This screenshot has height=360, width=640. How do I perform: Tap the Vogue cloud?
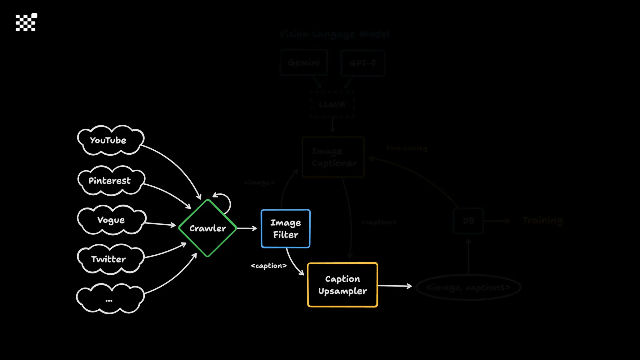pyautogui.click(x=111, y=220)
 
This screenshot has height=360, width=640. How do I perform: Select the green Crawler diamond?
pyautogui.click(x=207, y=228)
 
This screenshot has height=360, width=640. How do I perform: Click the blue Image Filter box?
pyautogui.click(x=285, y=229)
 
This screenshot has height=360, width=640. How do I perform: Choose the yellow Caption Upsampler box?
pyautogui.click(x=342, y=285)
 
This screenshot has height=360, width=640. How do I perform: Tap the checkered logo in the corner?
pyautogui.click(x=26, y=22)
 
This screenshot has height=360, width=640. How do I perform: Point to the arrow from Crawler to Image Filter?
pyautogui.click(x=247, y=228)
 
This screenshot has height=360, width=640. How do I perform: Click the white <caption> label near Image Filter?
pyautogui.click(x=269, y=266)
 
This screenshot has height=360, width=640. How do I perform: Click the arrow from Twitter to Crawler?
pyautogui.click(x=166, y=252)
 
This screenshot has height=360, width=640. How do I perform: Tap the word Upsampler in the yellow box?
pyautogui.click(x=342, y=291)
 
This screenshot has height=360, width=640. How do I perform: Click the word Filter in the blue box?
pyautogui.click(x=286, y=235)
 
